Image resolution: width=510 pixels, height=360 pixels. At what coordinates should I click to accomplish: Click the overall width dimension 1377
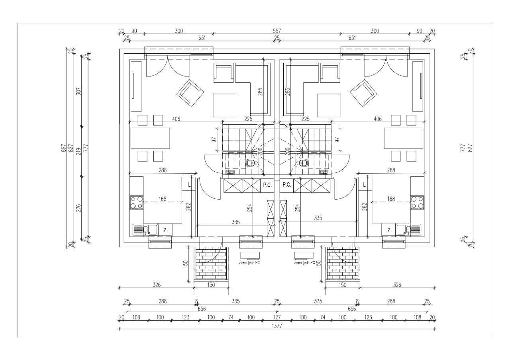277,326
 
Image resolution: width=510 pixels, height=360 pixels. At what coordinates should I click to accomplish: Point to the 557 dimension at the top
277,31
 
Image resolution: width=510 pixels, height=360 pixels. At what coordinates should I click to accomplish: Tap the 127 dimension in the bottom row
277,317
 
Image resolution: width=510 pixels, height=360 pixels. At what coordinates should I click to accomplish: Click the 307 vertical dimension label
78,92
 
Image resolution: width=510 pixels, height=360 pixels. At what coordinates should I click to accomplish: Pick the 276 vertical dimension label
78,208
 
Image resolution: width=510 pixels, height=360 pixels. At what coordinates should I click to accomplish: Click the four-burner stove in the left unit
136,202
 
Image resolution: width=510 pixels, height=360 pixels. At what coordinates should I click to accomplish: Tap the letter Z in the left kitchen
165,230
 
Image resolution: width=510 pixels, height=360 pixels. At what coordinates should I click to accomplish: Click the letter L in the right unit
364,185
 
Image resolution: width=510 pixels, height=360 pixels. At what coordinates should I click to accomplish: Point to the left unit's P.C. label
267,185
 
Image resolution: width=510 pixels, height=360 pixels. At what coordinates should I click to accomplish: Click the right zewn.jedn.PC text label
304,263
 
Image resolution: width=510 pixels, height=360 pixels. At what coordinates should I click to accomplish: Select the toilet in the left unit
252,163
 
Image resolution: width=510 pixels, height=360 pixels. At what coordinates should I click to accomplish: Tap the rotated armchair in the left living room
190,93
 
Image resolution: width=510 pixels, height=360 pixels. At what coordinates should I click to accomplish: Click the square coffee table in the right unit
329,105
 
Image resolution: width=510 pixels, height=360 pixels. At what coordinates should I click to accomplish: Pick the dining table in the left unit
150,138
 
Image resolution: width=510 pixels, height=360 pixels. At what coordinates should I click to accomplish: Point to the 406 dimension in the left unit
176,119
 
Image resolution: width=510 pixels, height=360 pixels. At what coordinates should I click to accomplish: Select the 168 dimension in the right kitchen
391,199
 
